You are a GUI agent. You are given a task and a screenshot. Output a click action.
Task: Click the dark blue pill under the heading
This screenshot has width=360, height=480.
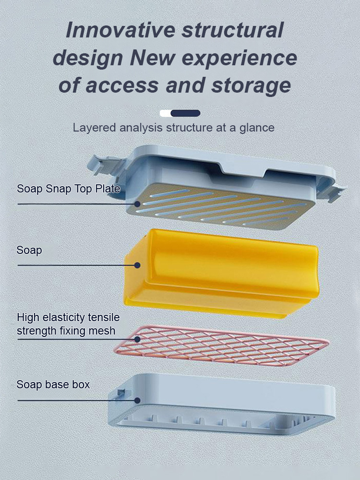pyautogui.click(x=185, y=113)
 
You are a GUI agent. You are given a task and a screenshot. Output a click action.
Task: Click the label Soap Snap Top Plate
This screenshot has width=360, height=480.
pyautogui.click(x=68, y=189)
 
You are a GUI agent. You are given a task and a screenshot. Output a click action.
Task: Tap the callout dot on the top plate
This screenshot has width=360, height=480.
pyautogui.click(x=138, y=204)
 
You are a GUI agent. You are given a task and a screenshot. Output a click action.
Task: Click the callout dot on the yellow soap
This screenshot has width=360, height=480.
pyautogui.click(x=137, y=265)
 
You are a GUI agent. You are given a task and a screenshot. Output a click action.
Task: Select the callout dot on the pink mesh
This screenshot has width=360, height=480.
pyautogui.click(x=138, y=339)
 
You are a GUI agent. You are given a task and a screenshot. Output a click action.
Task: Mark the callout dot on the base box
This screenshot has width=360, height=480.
pyautogui.click(x=137, y=400)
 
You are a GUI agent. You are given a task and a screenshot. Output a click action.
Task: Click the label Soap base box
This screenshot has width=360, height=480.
pyautogui.click(x=53, y=384)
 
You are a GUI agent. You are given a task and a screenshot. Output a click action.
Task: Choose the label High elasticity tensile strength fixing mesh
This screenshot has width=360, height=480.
pyautogui.click(x=68, y=324)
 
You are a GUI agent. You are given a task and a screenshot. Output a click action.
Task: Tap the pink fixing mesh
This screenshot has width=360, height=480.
pyautogui.click(x=226, y=345)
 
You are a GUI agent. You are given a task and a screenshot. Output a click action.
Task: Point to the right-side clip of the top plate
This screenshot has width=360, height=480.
pyautogui.click(x=336, y=192)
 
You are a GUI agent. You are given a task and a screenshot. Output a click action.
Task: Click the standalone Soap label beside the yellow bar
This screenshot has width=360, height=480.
pyautogui.click(x=29, y=250)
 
